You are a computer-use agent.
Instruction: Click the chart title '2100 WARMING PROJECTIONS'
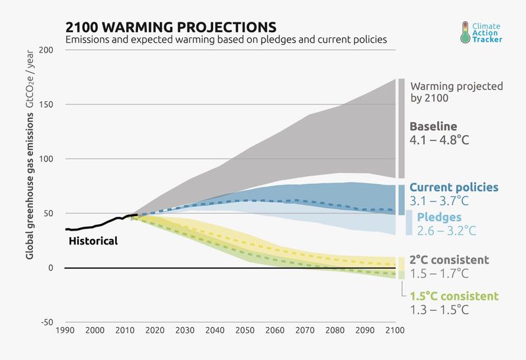[170, 27]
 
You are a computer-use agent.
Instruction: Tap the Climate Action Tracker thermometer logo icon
[466, 32]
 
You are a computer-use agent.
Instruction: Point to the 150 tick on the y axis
[47, 105]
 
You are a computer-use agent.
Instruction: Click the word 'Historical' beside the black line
[93, 241]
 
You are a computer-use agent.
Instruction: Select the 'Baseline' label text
[433, 126]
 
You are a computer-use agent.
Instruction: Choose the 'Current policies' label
[454, 188]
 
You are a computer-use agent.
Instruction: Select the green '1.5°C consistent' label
[454, 296]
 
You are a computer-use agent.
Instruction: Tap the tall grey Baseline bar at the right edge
[401, 128]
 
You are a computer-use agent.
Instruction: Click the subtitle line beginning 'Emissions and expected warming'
[226, 39]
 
